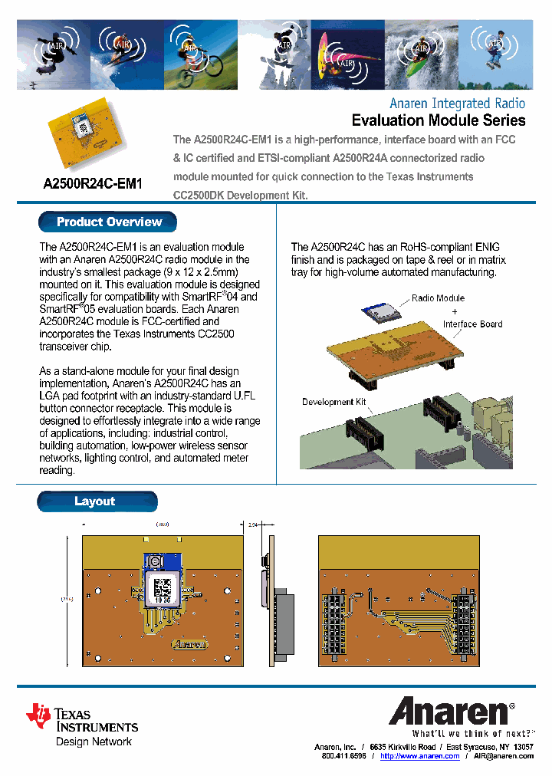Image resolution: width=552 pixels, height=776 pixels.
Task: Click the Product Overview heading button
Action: click(108, 222)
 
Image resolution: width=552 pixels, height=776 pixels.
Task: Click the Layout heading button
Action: click(97, 501)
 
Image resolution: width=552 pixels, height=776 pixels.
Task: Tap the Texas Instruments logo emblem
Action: click(38, 715)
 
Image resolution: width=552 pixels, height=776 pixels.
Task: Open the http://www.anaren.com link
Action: click(419, 756)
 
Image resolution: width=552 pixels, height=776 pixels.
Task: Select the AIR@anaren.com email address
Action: click(503, 756)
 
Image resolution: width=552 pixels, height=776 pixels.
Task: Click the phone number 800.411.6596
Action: click(343, 756)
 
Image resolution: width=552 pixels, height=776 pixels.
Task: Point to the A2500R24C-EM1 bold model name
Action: click(93, 184)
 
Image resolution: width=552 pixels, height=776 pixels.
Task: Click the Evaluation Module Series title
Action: click(438, 120)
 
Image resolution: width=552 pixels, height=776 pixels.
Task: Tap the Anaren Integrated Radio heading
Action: click(457, 103)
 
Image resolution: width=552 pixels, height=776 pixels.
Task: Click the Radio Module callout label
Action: click(438, 298)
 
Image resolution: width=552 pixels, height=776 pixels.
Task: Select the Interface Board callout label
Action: click(472, 324)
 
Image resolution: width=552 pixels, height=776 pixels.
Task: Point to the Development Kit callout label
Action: click(333, 402)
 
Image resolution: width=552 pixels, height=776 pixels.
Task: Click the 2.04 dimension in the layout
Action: click(254, 525)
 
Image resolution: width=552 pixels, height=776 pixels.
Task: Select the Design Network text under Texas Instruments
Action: click(94, 741)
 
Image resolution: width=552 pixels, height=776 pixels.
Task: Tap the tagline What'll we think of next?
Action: click(467, 733)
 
